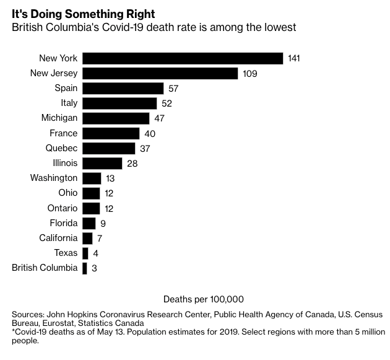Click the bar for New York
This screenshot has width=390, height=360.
[x=183, y=58]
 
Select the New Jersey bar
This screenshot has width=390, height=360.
[x=160, y=73]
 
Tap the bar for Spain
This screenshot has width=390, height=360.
[x=123, y=88]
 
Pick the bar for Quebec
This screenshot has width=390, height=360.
[x=108, y=148]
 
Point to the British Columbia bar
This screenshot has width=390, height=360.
[x=85, y=268]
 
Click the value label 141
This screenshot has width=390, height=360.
[x=294, y=58]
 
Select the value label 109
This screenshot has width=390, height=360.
[x=249, y=73]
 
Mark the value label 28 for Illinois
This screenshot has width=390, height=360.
[x=131, y=164]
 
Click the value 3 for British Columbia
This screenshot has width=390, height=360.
[x=93, y=268]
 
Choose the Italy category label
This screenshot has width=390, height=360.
[x=69, y=103]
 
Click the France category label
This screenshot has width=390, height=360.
[x=64, y=133]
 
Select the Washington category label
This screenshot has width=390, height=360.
[x=54, y=178]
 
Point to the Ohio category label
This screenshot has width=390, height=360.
[x=68, y=193]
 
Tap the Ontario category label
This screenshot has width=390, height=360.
[x=63, y=208]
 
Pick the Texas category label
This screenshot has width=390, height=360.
[x=66, y=253]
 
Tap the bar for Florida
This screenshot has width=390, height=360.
[x=89, y=223]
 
